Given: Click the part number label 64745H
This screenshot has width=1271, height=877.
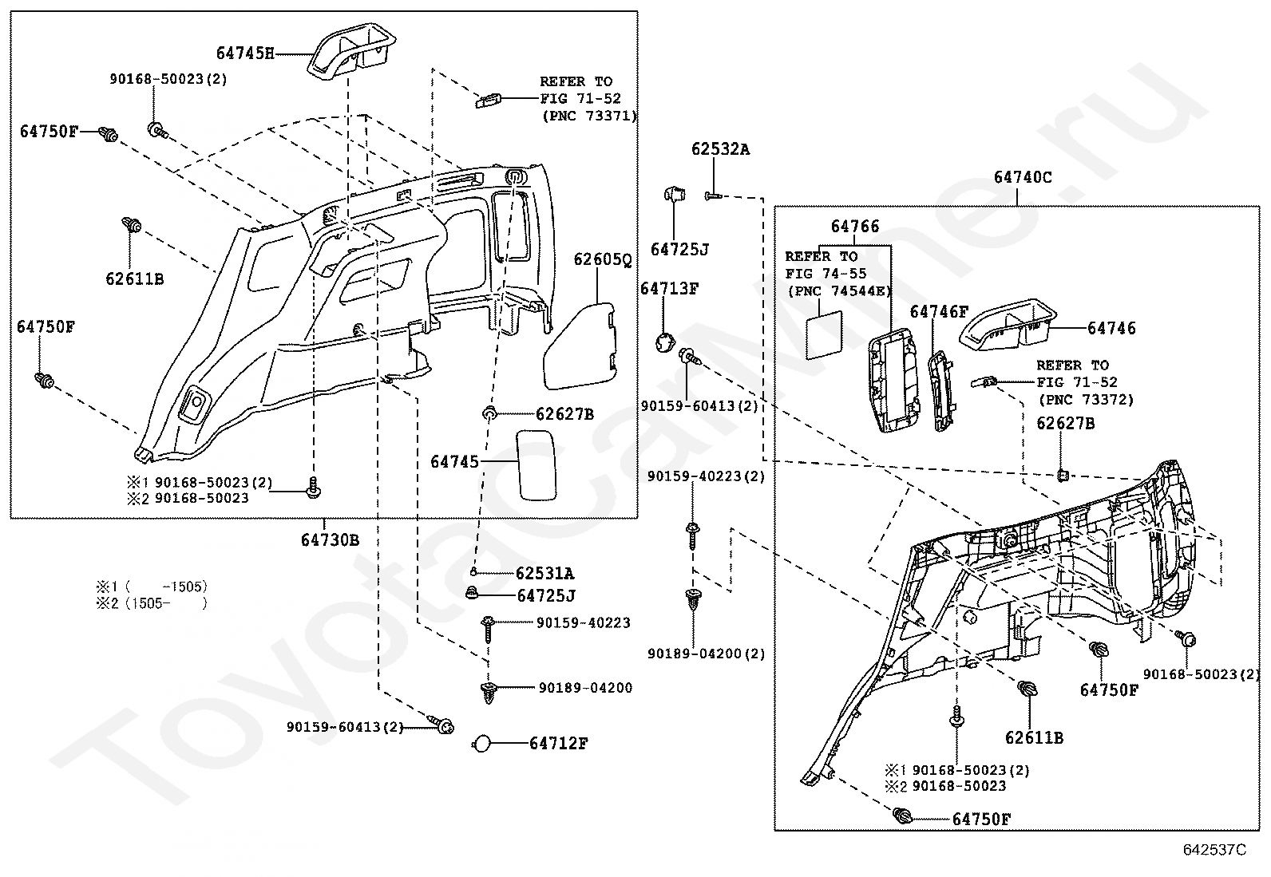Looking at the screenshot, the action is (x=245, y=53).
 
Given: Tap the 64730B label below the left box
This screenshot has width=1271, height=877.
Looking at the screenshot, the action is (x=330, y=540).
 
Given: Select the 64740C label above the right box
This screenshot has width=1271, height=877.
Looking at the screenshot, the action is (x=1023, y=178).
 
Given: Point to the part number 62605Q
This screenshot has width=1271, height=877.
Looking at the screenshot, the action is (x=602, y=260).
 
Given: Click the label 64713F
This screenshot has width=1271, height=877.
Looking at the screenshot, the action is (x=670, y=289).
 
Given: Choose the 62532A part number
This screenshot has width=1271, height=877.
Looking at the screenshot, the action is (x=720, y=149).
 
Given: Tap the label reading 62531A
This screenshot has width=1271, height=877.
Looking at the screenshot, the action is (x=544, y=574).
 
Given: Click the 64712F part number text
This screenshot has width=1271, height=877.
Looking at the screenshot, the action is (x=558, y=743).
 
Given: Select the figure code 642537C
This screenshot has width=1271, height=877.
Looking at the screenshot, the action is (x=1214, y=849).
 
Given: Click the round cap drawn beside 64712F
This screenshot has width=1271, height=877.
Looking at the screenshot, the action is (x=481, y=744).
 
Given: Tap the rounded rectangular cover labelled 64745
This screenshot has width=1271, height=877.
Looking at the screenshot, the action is (x=536, y=465).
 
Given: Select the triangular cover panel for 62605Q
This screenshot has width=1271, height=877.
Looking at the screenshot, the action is (x=580, y=346).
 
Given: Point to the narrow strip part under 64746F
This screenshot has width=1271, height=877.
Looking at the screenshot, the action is (x=940, y=390).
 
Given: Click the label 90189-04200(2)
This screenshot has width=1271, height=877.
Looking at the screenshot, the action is (x=706, y=654).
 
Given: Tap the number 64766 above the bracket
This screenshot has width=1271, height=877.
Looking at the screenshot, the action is (x=854, y=227).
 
